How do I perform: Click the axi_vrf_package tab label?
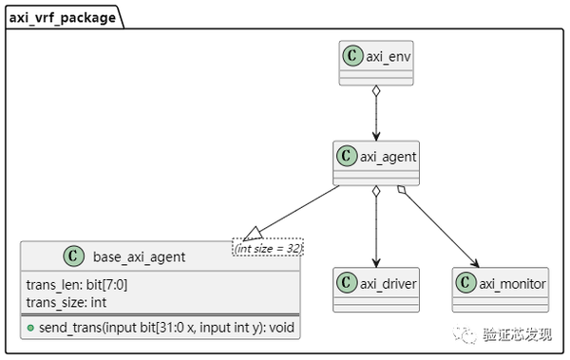[63, 16]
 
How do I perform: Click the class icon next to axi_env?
[352, 55]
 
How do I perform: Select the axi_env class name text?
[389, 55]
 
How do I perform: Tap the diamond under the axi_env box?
[376, 92]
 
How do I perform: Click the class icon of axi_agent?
[348, 156]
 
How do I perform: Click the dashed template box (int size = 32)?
[267, 248]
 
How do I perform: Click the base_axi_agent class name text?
[139, 256]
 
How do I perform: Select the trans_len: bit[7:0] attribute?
[78, 285]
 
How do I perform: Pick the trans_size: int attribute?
[66, 302]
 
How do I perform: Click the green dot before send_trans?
[30, 328]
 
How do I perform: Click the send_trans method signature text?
[166, 328]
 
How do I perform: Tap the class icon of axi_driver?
[347, 283]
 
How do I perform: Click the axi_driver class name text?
[389, 283]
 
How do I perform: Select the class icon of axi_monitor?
[465, 283]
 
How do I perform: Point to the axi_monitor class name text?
[512, 283]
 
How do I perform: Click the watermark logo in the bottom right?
[467, 335]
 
